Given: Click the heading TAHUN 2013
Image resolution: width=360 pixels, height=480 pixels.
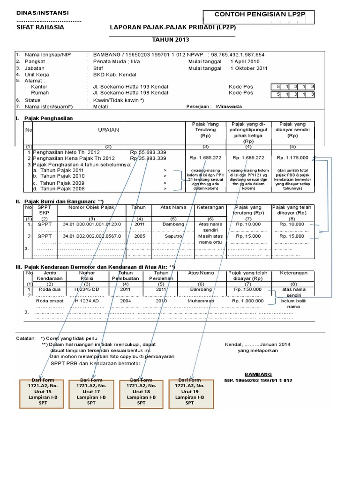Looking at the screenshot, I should coord(172,41).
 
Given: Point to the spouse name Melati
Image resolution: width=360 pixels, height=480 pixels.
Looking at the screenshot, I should coord(100,106).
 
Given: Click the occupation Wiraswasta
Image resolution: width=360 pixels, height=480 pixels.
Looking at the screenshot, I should coord(229,106).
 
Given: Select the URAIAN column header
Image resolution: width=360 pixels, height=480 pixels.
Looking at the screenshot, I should coord(108,129).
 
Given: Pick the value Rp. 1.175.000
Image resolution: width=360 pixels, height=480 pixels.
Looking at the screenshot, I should coord(292,158).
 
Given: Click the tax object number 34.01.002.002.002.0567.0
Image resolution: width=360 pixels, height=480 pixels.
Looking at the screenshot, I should coord(91,236).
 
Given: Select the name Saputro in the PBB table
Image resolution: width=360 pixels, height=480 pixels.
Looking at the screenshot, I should coord(173,236).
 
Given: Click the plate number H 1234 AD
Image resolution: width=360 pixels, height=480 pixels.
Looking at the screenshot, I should coord(87,300).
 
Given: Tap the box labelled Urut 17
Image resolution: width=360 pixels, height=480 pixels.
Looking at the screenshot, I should coord(91,391).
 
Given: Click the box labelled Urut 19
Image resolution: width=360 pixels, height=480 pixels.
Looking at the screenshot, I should coord(189,391).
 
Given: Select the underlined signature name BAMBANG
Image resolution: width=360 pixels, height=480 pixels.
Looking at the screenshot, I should coord(258,374).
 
